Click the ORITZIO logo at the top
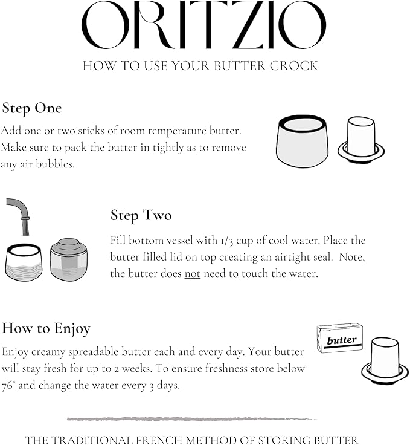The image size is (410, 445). (203, 25)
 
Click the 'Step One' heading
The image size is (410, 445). (32, 109)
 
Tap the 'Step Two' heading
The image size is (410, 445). (141, 215)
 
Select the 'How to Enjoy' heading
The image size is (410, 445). (46, 329)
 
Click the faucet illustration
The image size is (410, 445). (19, 209)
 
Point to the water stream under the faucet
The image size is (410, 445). (25, 227)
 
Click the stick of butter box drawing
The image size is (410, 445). (340, 338)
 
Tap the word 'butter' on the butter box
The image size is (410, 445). (342, 340)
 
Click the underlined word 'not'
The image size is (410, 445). (193, 273)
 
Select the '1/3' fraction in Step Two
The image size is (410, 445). (226, 241)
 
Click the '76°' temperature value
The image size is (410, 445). (8, 386)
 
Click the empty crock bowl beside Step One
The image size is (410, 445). (303, 141)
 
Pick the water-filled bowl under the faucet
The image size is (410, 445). (24, 262)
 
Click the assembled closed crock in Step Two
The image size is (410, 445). (69, 259)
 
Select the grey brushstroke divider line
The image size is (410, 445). (192, 419)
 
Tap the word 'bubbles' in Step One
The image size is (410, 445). (55, 164)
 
